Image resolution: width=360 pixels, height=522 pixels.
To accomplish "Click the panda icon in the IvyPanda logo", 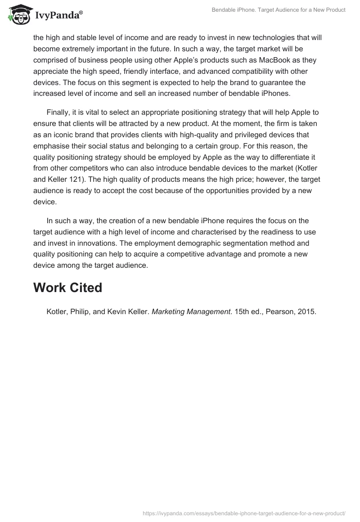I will [18, 15].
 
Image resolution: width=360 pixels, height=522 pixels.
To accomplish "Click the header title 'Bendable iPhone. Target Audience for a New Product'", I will [279, 10].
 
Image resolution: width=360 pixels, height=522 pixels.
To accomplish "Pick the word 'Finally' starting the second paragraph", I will [58, 112].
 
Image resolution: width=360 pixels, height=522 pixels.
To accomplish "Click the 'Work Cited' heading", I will [67, 288].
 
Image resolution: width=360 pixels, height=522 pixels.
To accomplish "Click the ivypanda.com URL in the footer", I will [244, 513].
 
